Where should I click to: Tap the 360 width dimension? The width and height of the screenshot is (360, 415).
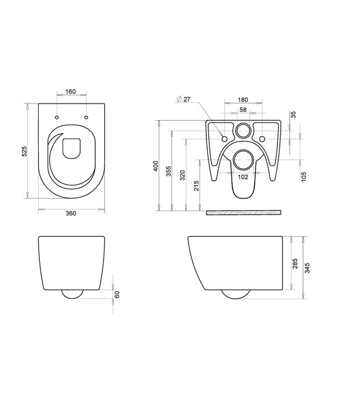pyautogui.click(x=71, y=214)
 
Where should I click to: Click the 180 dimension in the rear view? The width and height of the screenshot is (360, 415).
pyautogui.click(x=242, y=100)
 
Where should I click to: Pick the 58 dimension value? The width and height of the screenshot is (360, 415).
pyautogui.click(x=243, y=110)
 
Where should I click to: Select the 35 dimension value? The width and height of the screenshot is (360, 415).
pyautogui.click(x=294, y=115)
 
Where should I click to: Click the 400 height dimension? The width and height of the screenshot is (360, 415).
pyautogui.click(x=156, y=165)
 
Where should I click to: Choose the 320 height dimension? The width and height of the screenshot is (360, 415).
pyautogui.click(x=182, y=175)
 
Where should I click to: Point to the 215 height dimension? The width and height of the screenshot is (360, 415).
pyautogui.click(x=196, y=186)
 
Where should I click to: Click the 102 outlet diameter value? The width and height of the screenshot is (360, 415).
pyautogui.click(x=242, y=177)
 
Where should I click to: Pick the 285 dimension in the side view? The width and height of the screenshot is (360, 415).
pyautogui.click(x=294, y=263)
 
